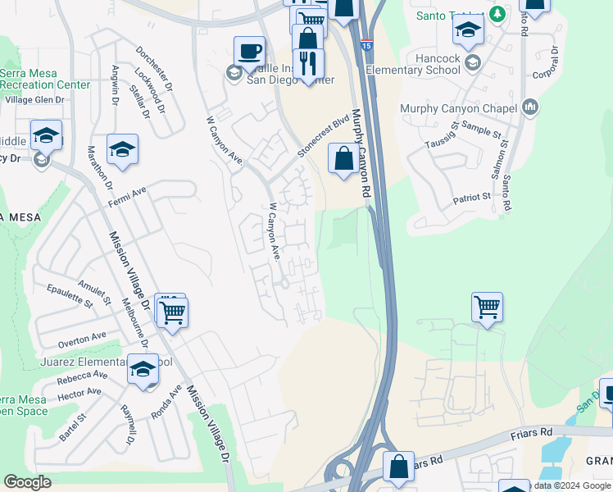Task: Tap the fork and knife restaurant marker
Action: (x=308, y=64)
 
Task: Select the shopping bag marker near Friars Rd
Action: (x=398, y=467)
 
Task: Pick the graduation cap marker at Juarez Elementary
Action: (x=143, y=370)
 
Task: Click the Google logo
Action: (x=28, y=482)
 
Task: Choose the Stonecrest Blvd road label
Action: (x=323, y=136)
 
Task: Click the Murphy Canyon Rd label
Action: (x=361, y=153)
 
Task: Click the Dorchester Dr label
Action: (x=154, y=67)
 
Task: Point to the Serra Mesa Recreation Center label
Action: (x=45, y=79)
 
